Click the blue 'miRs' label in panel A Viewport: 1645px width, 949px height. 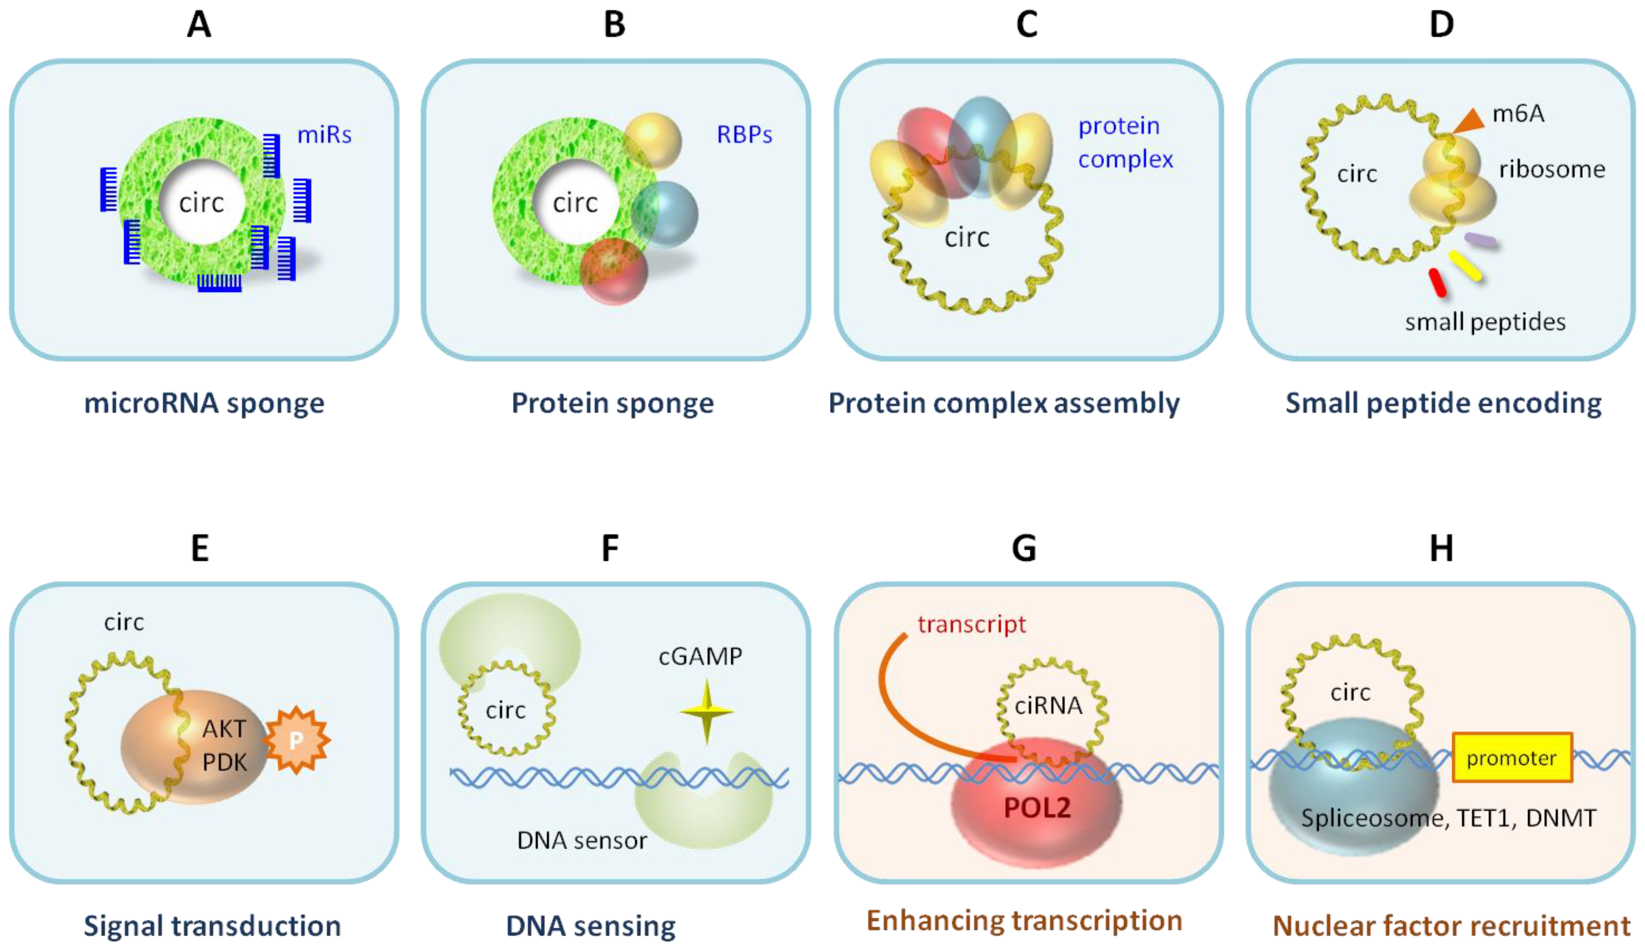click(x=324, y=135)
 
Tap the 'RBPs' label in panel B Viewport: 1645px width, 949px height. click(x=744, y=135)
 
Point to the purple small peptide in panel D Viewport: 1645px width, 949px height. click(x=1480, y=240)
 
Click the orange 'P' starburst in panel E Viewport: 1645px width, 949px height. click(x=297, y=740)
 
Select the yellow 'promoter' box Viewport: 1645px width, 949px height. click(x=1512, y=757)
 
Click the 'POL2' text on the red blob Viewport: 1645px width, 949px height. click(x=1037, y=808)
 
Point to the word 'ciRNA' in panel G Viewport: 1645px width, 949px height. click(x=1048, y=705)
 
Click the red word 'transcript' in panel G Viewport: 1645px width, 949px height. click(x=972, y=624)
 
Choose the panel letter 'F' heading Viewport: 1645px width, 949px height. click(x=610, y=548)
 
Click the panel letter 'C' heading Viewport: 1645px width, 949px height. click(x=1026, y=25)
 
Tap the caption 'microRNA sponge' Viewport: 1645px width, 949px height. click(x=204, y=403)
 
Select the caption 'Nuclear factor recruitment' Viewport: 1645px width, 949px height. click(x=1451, y=925)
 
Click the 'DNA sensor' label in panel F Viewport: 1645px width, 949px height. click(x=582, y=840)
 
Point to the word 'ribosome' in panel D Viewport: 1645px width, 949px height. click(x=1552, y=170)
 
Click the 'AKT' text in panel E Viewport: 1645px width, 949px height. click(x=224, y=729)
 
